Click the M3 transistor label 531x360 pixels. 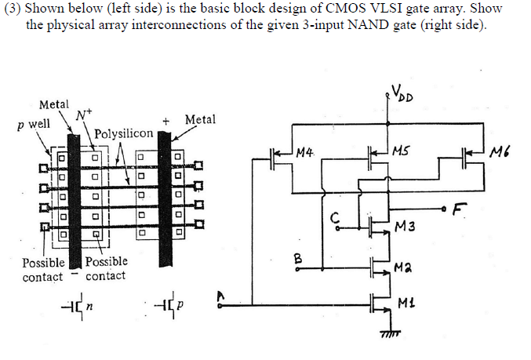(x=406, y=227)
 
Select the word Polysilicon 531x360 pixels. (x=123, y=133)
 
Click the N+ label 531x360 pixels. (x=81, y=115)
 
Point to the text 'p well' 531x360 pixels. (x=31, y=123)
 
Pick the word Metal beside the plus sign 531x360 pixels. (x=199, y=119)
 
